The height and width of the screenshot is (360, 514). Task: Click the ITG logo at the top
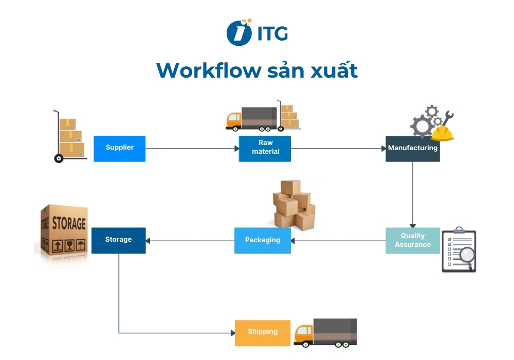(x=257, y=32)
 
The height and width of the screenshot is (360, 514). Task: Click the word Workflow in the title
(x=209, y=70)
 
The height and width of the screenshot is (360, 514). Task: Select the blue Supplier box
(x=119, y=148)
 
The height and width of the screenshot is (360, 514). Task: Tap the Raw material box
(x=265, y=148)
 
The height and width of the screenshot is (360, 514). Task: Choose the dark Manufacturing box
(x=413, y=148)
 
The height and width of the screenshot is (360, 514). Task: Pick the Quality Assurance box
(x=413, y=240)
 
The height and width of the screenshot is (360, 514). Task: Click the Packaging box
(x=263, y=240)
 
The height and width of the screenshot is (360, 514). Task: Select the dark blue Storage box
(x=119, y=240)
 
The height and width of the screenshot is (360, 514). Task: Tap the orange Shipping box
(x=263, y=332)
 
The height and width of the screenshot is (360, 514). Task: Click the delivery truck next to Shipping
(x=325, y=332)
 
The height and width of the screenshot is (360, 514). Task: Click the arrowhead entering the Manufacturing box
(x=383, y=149)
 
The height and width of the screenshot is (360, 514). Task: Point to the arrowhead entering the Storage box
(x=149, y=240)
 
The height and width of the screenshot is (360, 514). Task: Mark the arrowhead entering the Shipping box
(x=232, y=333)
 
